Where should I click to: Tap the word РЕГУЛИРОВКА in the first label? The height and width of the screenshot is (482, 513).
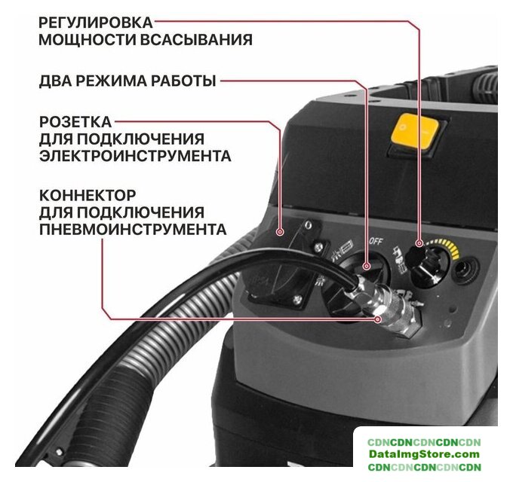coord(96,23)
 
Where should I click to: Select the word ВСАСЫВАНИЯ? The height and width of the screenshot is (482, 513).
coord(197,40)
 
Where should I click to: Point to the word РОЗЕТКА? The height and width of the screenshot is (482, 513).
coord(75,122)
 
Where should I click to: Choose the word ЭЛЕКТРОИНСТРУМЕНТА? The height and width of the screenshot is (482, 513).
coord(135,155)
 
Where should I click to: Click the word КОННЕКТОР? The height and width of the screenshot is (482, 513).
coord(88,195)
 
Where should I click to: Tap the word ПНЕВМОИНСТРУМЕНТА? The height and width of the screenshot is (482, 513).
coord(133,229)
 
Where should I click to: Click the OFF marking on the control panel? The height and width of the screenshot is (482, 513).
coord(375,242)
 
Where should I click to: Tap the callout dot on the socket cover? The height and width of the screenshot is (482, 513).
coord(280,232)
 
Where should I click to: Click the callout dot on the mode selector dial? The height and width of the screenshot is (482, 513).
coord(367,266)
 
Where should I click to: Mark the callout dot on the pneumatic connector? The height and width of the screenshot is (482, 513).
coord(378,319)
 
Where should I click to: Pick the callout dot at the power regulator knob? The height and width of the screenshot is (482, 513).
coord(419,243)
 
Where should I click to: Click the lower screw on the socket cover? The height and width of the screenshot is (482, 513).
coord(297,299)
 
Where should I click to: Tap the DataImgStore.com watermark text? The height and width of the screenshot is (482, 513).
coord(424,454)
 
